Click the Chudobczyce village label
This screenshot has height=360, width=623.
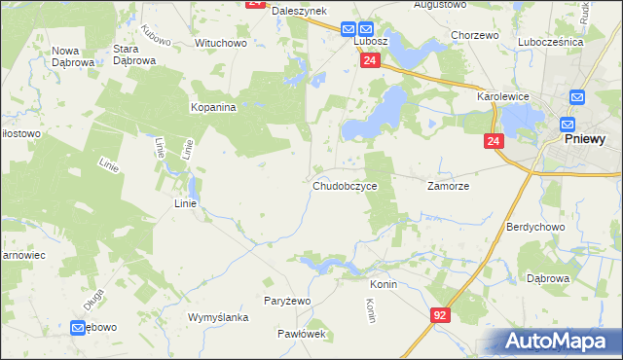(345, 186)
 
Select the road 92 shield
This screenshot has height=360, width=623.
(440, 315)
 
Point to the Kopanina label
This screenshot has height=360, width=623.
(214, 108)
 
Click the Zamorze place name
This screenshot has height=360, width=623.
(449, 185)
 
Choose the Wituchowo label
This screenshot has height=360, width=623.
(221, 44)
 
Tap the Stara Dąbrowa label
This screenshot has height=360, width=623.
(135, 54)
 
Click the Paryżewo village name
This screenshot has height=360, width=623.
(287, 301)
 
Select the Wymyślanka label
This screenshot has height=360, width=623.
(219, 318)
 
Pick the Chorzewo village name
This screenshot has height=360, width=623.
(475, 35)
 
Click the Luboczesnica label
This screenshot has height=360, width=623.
(550, 43)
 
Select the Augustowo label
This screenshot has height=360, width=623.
(441, 5)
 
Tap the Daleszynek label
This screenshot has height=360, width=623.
(297, 10)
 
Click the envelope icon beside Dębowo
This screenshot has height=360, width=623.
(78, 329)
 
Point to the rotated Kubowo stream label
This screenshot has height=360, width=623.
(156, 35)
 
